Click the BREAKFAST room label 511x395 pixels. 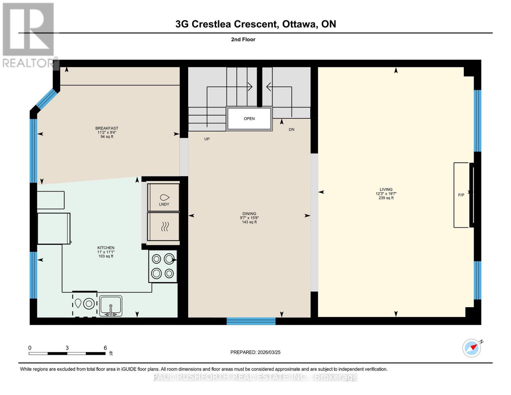[107, 128]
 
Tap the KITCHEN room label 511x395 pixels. [106, 248]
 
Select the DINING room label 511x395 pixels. [249, 214]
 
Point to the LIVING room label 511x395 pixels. [386, 189]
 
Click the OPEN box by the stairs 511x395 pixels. [249, 118]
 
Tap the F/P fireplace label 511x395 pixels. [461, 195]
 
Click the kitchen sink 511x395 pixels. [111, 306]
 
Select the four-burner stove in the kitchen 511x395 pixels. [163, 266]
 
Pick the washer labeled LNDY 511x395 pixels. [164, 197]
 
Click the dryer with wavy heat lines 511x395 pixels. [164, 227]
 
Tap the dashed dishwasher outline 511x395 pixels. [85, 304]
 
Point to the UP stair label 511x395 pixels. [207, 139]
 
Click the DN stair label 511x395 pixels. [291, 130]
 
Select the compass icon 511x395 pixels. [472, 348]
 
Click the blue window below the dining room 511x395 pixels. [251, 321]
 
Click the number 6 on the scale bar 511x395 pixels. [105, 348]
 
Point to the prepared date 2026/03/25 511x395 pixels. [269, 353]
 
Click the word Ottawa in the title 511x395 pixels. [299, 24]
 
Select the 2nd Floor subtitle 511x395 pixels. [243, 39]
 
